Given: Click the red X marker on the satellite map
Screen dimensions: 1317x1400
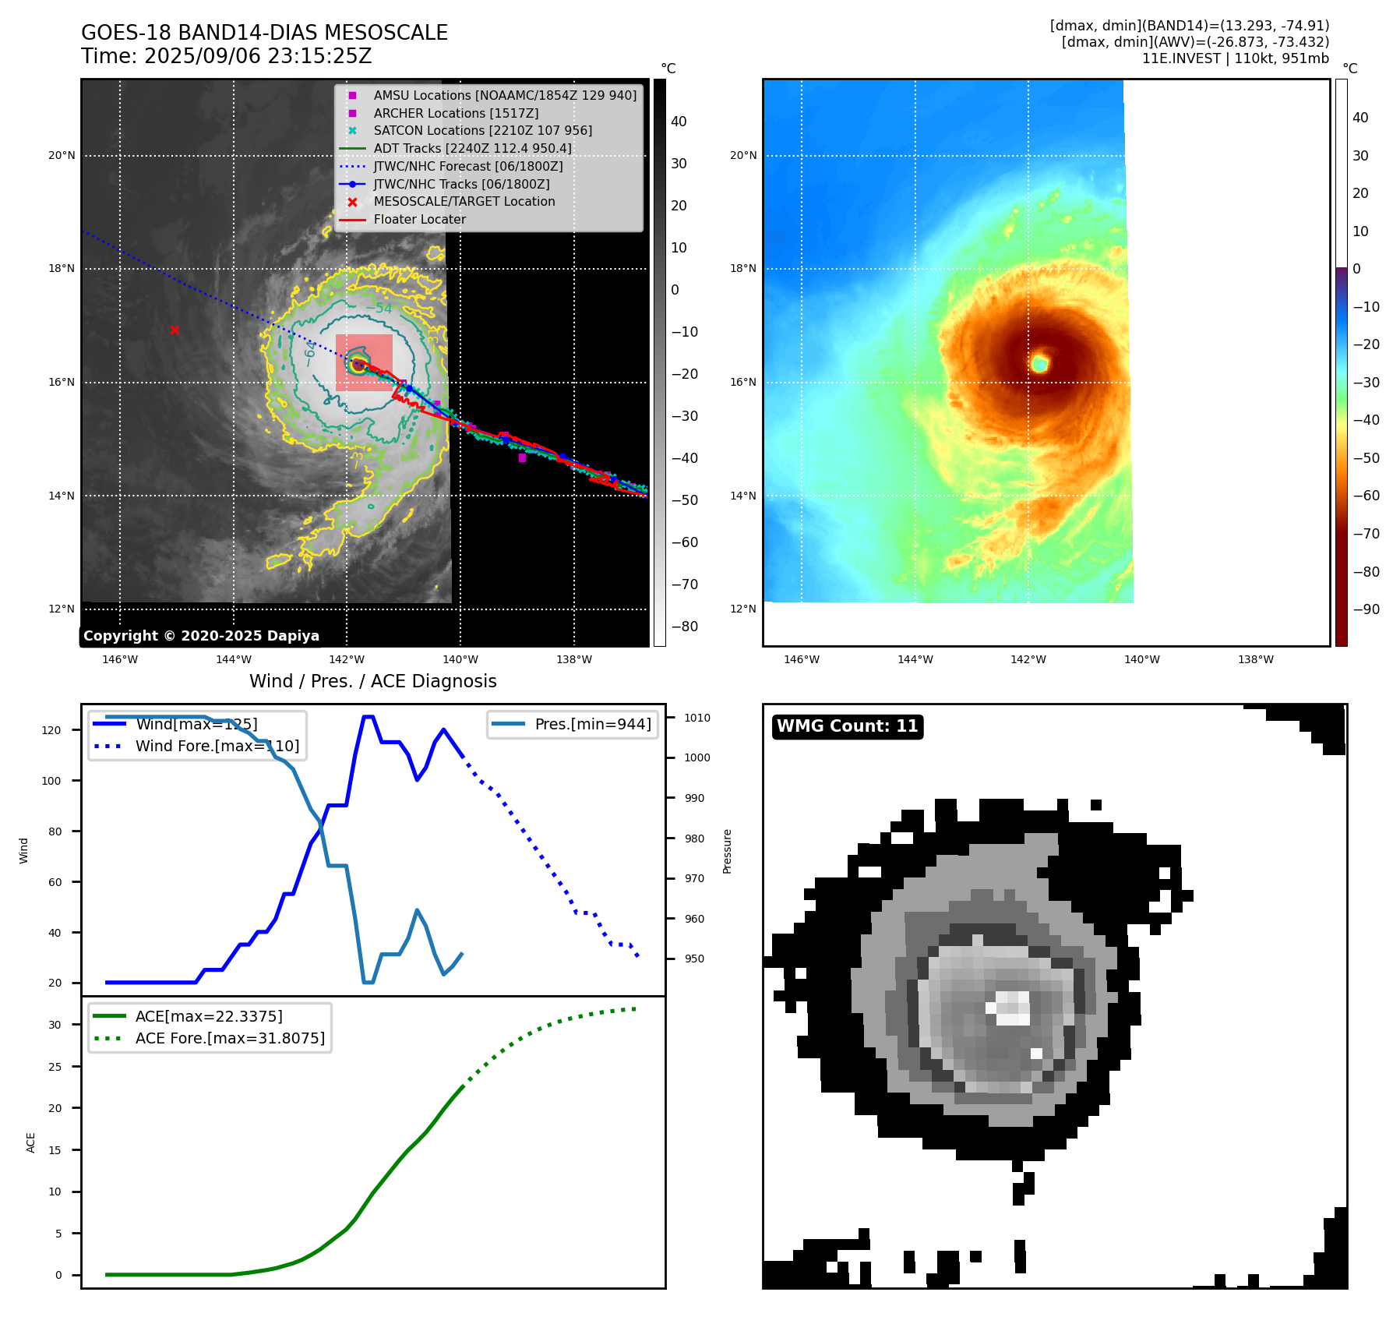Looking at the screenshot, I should tap(175, 330).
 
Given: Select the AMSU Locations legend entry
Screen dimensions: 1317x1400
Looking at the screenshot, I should tap(504, 95).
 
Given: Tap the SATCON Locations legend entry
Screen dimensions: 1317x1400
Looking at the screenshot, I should tap(482, 131).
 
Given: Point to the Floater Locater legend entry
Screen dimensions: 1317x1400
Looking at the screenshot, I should tap(419, 220).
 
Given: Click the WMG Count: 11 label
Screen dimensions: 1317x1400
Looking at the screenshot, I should tap(847, 726).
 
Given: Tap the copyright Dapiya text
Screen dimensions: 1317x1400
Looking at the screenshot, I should tap(201, 636).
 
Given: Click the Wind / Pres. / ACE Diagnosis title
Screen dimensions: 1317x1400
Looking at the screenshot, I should tap(372, 681).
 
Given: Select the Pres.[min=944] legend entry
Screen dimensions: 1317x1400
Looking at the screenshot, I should tap(592, 724).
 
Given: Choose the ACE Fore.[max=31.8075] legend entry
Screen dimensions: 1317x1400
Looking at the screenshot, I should tap(230, 1038).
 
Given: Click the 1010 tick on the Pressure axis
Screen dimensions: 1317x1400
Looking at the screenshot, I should tap(697, 718).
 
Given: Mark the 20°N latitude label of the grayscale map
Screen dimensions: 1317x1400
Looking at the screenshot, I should tap(62, 156).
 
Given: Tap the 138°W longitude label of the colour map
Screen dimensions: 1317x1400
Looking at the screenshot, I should tap(1255, 659).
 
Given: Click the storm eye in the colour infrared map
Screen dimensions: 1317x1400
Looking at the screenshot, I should tap(1039, 363).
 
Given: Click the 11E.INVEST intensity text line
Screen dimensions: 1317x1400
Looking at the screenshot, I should tap(1235, 58).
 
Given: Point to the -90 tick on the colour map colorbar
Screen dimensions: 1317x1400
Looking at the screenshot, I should tap(1366, 609).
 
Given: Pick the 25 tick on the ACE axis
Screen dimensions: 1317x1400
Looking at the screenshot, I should tap(55, 1067).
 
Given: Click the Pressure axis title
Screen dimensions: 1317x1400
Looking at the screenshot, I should tap(727, 851).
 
